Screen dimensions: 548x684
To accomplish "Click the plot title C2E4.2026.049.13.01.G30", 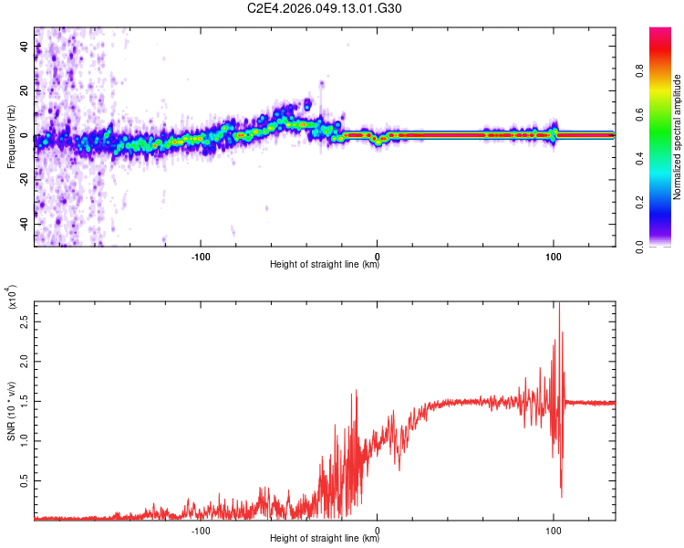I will coord(325,8).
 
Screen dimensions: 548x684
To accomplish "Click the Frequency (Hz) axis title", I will coord(11,137).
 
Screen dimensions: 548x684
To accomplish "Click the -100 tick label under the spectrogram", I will coord(202,255).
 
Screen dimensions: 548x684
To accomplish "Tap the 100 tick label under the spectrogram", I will coord(553,255).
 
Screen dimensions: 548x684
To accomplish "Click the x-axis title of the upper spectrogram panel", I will coord(325,266).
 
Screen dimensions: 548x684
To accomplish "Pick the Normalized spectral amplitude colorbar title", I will coord(678,137).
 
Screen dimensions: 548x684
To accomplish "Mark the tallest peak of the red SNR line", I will coord(559,306).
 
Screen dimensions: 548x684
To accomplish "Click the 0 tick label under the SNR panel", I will coord(378,529).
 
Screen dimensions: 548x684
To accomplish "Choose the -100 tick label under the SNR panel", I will coord(202,529).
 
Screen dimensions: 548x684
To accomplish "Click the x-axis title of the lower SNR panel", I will coord(325,540).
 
